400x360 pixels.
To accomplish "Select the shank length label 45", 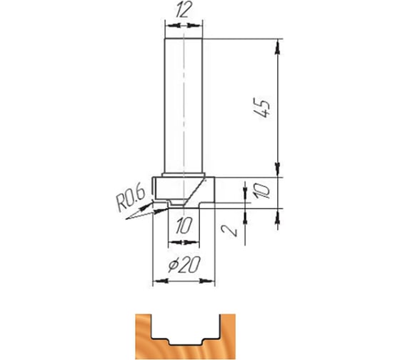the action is click(261, 107).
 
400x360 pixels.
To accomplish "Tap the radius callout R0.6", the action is click(130, 199).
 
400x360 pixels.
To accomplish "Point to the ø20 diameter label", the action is click(184, 265).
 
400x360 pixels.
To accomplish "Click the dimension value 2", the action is click(229, 231).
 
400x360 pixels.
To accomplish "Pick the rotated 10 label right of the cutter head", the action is click(261, 191).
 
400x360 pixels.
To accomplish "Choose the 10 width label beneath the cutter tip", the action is click(184, 226).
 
